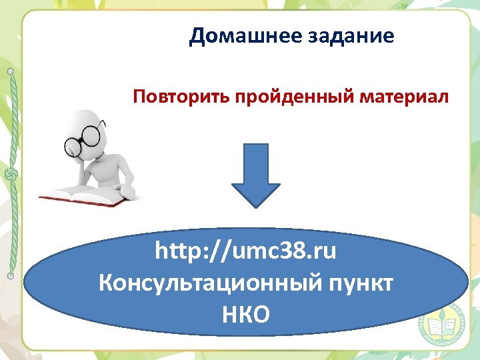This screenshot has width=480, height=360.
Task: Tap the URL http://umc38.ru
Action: pos(246,252)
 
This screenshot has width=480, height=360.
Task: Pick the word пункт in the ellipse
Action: pos(357,283)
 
